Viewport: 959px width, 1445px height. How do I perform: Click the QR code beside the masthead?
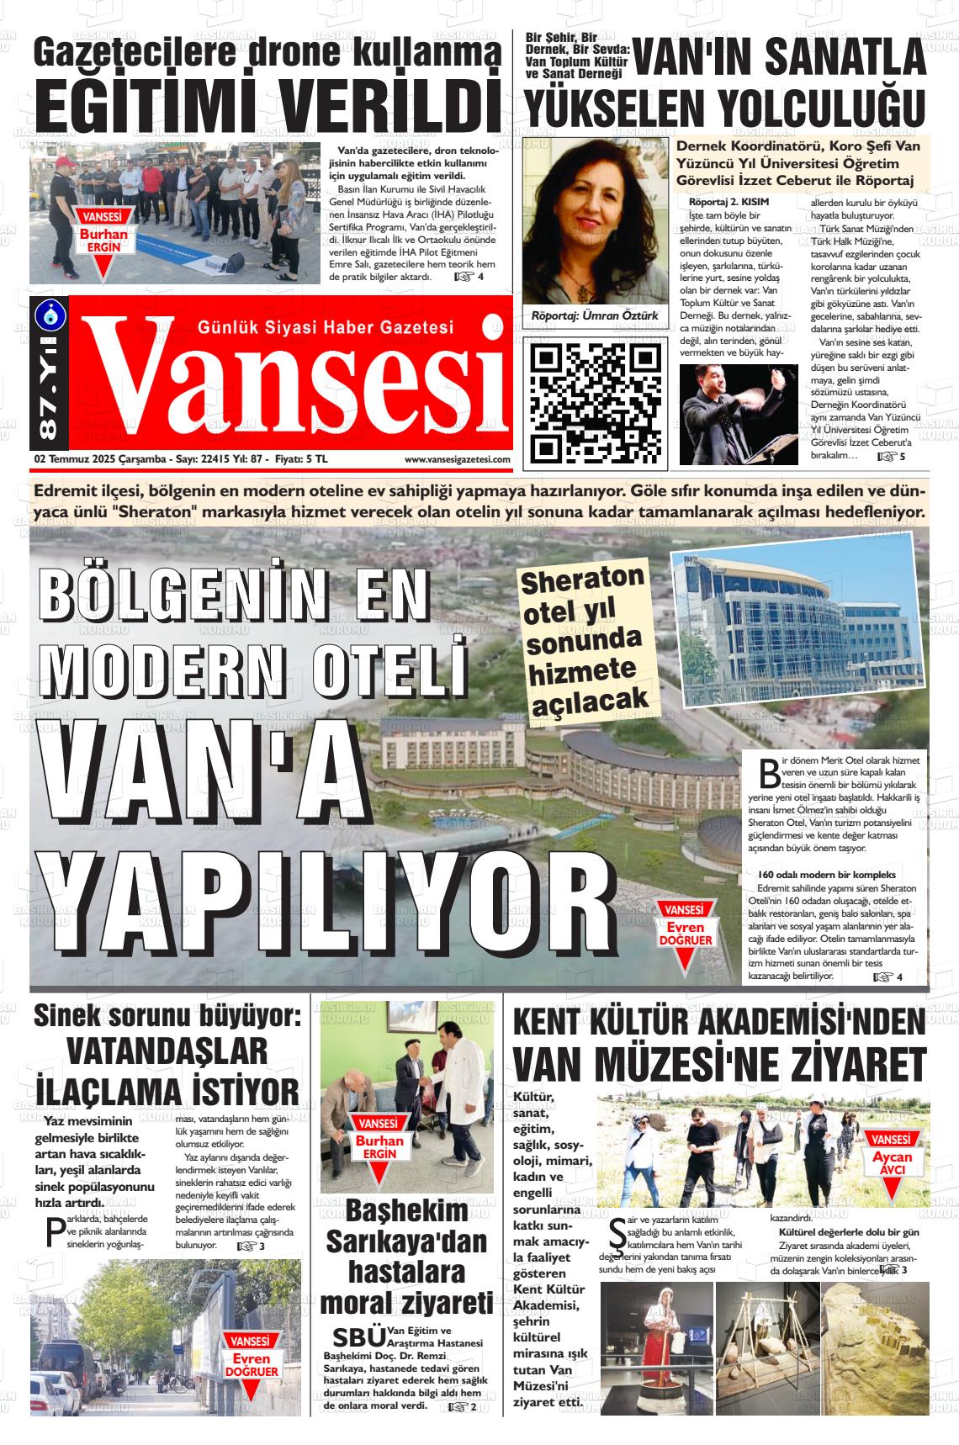coord(593,402)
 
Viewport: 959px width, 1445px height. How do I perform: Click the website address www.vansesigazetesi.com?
coord(457,459)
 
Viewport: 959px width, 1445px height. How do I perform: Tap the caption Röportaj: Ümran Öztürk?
coord(594,315)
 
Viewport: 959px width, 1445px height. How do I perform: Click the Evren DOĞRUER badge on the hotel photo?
coord(685,933)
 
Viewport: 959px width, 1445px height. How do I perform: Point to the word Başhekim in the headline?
coord(406,1211)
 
